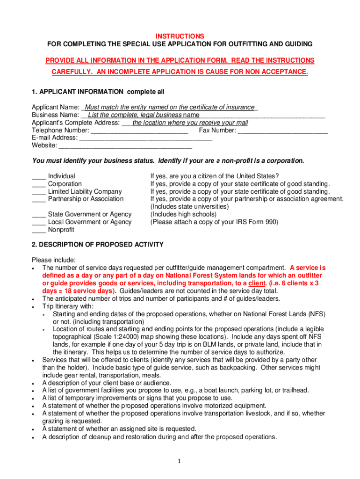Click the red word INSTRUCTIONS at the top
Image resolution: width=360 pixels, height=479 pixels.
click(180, 36)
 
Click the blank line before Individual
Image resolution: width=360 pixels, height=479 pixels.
click(38, 177)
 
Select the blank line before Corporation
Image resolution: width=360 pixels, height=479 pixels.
click(38, 184)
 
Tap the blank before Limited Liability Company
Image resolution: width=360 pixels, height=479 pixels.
click(38, 192)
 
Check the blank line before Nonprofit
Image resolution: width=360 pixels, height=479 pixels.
click(38, 230)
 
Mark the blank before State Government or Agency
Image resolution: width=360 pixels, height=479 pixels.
click(38, 215)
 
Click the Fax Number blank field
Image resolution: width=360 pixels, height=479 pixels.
click(282, 131)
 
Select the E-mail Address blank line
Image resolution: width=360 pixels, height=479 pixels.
click(146, 138)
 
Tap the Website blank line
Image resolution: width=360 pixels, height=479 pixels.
click(125, 146)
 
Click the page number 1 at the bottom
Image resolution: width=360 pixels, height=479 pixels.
click(179, 461)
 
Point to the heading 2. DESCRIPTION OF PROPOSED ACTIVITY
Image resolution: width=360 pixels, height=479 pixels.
click(97, 245)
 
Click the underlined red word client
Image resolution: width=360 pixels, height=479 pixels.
click(257, 283)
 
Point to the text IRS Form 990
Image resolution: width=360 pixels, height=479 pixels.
click(258, 222)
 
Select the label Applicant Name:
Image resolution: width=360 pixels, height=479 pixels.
click(55, 108)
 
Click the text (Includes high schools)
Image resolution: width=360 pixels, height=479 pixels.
click(183, 214)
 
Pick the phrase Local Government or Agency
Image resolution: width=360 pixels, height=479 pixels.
click(90, 222)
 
